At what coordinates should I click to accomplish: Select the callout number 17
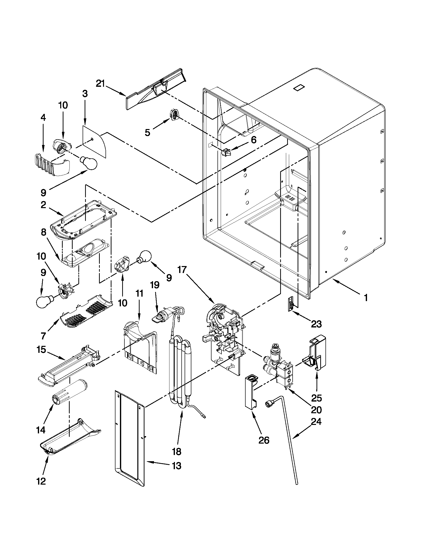[x=182, y=270]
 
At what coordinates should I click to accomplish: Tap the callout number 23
[x=316, y=324]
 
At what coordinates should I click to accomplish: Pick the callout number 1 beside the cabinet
[x=366, y=298]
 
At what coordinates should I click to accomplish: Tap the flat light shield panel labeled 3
[x=95, y=142]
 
